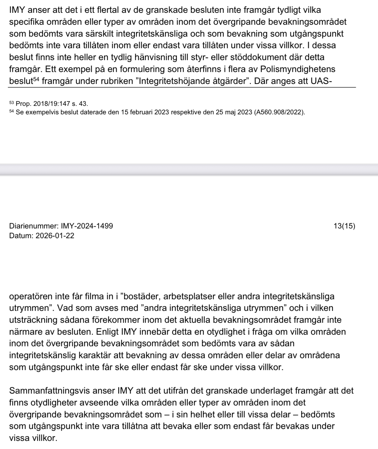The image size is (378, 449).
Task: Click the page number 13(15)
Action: pos(344,226)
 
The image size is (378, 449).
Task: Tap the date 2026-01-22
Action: pos(55,236)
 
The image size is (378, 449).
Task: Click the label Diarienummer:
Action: pos(34,226)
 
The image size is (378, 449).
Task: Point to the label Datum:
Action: pos(21,236)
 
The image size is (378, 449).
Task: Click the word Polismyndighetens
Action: pos(300,69)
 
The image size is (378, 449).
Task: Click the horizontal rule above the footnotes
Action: pos(182,87)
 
